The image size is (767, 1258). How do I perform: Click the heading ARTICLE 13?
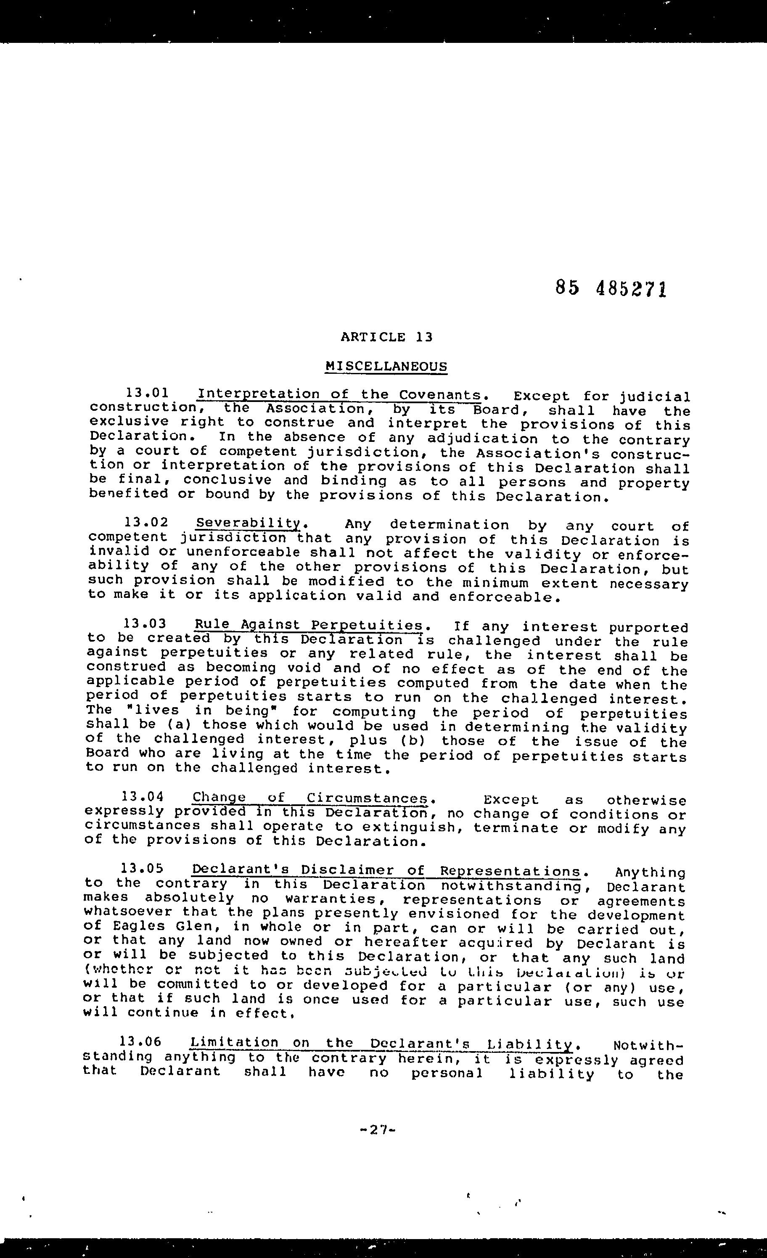386,337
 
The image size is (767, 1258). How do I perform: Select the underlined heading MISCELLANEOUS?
386,366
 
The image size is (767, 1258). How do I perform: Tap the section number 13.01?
147,393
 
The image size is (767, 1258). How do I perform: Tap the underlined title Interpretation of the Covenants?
339,394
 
